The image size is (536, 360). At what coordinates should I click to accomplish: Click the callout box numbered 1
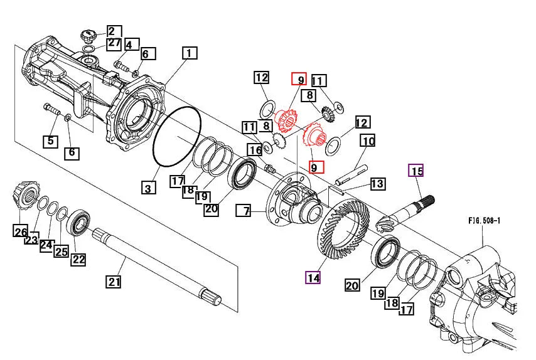pyautogui.click(x=190, y=53)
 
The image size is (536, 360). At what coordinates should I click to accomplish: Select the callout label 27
pyautogui.click(x=114, y=43)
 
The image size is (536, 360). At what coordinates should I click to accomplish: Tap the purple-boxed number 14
pyautogui.click(x=313, y=277)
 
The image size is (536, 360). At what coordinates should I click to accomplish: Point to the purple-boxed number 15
pyautogui.click(x=416, y=171)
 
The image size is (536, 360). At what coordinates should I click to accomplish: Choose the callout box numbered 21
pyautogui.click(x=113, y=282)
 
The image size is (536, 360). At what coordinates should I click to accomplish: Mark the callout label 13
pyautogui.click(x=377, y=184)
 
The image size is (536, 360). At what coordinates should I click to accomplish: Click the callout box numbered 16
pyautogui.click(x=254, y=150)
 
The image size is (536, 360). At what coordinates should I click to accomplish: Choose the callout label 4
pyautogui.click(x=131, y=45)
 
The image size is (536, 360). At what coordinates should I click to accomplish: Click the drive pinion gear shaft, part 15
pyautogui.click(x=408, y=210)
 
